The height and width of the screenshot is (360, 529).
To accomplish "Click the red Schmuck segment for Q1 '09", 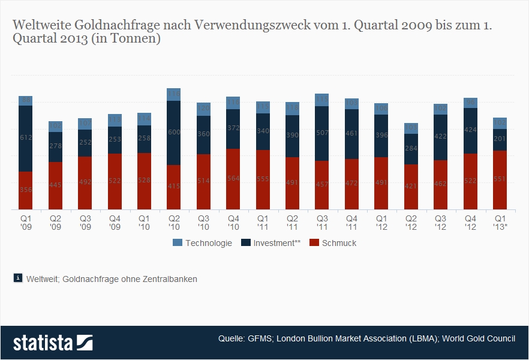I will [x=25, y=190].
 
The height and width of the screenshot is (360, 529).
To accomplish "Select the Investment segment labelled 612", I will [x=25, y=139].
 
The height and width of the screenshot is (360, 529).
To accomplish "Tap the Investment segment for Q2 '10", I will [x=174, y=133].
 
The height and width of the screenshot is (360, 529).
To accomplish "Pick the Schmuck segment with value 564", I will [x=233, y=179].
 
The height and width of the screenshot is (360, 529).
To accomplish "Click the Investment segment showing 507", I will [x=322, y=133].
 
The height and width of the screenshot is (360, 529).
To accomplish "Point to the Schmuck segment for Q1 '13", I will [x=500, y=180].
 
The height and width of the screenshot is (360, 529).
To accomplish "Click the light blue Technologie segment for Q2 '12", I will [x=411, y=128].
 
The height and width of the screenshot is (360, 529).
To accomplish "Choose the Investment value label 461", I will [x=352, y=133].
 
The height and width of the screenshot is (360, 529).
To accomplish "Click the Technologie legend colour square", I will [x=177, y=243].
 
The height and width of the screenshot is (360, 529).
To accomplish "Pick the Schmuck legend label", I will [x=340, y=243].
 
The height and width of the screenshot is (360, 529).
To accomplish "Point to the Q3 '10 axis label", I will [x=204, y=223].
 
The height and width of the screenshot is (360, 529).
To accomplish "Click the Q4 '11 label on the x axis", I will [x=352, y=223].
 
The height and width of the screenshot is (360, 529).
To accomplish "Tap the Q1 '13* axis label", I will [x=500, y=223].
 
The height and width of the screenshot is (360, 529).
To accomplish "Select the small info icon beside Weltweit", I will [x=17, y=278].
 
